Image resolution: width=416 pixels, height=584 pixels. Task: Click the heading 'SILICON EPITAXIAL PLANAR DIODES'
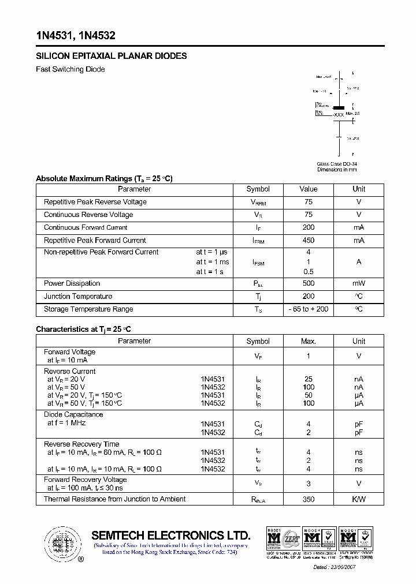coord(112,56)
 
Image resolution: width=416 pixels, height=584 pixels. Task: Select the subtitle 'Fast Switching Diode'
coord(70,69)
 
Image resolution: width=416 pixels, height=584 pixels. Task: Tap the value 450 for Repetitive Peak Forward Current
coord(309,241)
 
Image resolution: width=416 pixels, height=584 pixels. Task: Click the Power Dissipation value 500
coord(309,283)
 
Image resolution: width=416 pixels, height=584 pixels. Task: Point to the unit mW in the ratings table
coord(359,283)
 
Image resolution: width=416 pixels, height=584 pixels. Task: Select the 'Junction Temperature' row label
coord(78,297)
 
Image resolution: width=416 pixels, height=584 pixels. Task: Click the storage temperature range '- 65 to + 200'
coord(309,309)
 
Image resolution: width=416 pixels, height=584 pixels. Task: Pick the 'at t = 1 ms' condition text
coord(212,262)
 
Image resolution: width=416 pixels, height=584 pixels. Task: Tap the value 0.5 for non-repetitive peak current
coord(309,272)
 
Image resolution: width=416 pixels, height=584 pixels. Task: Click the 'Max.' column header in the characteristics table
coord(309,341)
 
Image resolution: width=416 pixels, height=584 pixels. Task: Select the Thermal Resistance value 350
coord(309,499)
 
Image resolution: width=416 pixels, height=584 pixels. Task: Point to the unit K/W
coord(359,499)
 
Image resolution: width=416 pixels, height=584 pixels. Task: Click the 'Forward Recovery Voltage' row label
coord(86,480)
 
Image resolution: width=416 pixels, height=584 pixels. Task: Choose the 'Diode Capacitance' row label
coord(73,414)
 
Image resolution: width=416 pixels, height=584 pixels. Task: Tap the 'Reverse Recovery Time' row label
coord(81,444)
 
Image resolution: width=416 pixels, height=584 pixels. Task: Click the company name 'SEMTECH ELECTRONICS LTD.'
coord(171,535)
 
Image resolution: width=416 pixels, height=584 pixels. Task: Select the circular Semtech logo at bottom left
coord(62,542)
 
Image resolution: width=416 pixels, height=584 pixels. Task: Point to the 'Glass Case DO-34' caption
coord(337,164)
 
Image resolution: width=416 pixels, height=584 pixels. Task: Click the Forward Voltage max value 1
coord(309,356)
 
